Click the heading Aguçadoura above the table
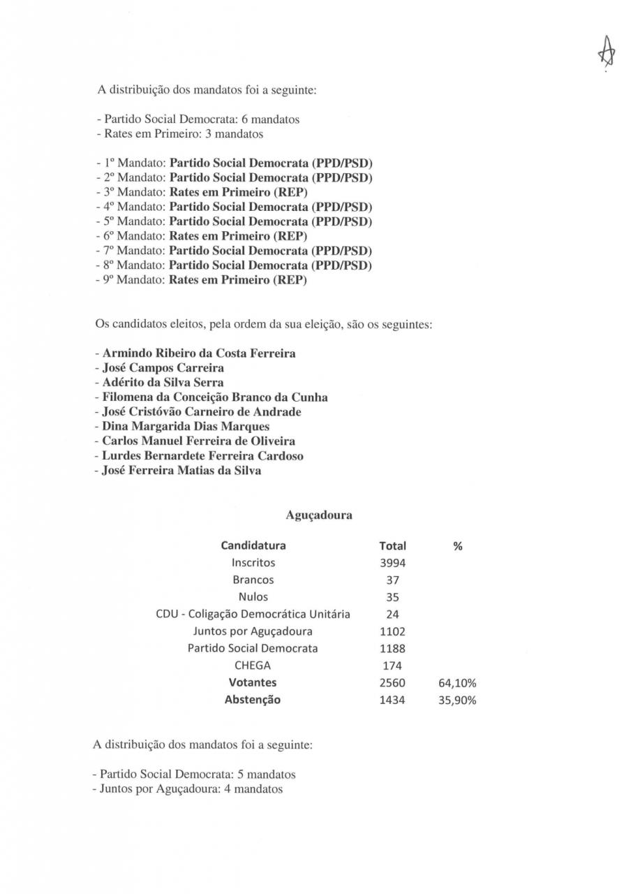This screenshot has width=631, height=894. [x=319, y=515]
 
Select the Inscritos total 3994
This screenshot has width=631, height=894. [x=392, y=563]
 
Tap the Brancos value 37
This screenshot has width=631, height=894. [x=392, y=580]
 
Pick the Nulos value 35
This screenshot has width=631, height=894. [x=392, y=597]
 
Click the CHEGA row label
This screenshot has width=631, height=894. [x=253, y=666]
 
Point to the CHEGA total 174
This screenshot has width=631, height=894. [x=392, y=666]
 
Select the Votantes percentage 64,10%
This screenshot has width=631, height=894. [x=456, y=683]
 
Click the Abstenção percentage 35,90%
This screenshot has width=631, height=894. [x=456, y=700]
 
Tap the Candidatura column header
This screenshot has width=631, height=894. [x=253, y=545]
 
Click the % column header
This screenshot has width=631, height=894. [x=458, y=546]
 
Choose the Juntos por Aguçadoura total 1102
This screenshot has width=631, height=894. [x=392, y=631]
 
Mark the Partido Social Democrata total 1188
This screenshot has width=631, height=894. [x=392, y=648]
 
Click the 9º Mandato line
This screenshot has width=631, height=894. [x=202, y=280]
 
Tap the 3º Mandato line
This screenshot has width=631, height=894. [x=202, y=192]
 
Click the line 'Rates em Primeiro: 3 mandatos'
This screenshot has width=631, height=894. [x=179, y=133]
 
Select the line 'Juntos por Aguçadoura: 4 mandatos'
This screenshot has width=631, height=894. [x=188, y=789]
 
